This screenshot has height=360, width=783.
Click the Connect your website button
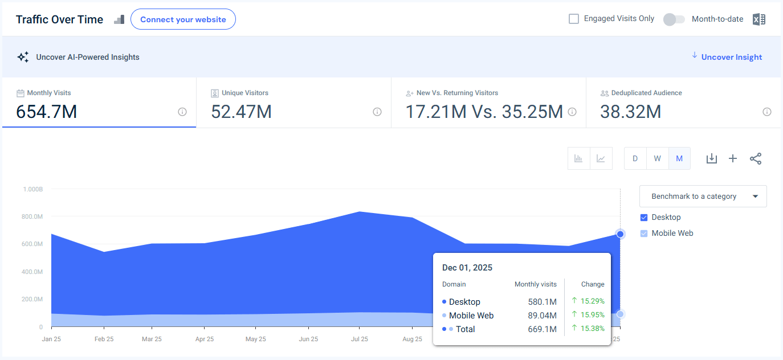pyautogui.click(x=183, y=19)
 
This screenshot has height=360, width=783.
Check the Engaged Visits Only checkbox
pyautogui.click(x=574, y=19)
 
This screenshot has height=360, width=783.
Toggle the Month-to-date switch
pyautogui.click(x=674, y=19)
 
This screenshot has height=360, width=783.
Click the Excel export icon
pyautogui.click(x=758, y=19)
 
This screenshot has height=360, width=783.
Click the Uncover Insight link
pyautogui.click(x=731, y=57)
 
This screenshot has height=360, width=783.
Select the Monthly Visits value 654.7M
pyautogui.click(x=46, y=112)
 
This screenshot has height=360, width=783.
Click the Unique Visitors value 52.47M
pyautogui.click(x=241, y=112)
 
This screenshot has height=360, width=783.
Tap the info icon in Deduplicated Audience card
pyautogui.click(x=767, y=112)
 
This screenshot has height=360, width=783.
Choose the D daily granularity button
pyautogui.click(x=635, y=158)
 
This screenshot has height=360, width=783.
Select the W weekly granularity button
pyautogui.click(x=657, y=158)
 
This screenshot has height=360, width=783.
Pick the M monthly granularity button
pyautogui.click(x=679, y=158)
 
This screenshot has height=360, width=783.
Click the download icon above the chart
pyautogui.click(x=711, y=158)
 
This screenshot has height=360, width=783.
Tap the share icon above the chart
pyautogui.click(x=756, y=158)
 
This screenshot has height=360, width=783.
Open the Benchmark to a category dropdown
pyautogui.click(x=703, y=196)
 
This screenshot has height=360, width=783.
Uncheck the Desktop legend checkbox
pyautogui.click(x=644, y=217)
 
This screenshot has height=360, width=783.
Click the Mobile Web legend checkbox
pyautogui.click(x=644, y=233)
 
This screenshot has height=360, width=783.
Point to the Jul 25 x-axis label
pyautogui.click(x=359, y=339)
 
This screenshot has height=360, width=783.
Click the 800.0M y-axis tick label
pyautogui.click(x=32, y=216)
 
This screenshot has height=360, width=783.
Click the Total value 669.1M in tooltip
pyautogui.click(x=542, y=329)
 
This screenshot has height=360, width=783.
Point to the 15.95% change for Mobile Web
pyautogui.click(x=592, y=315)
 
